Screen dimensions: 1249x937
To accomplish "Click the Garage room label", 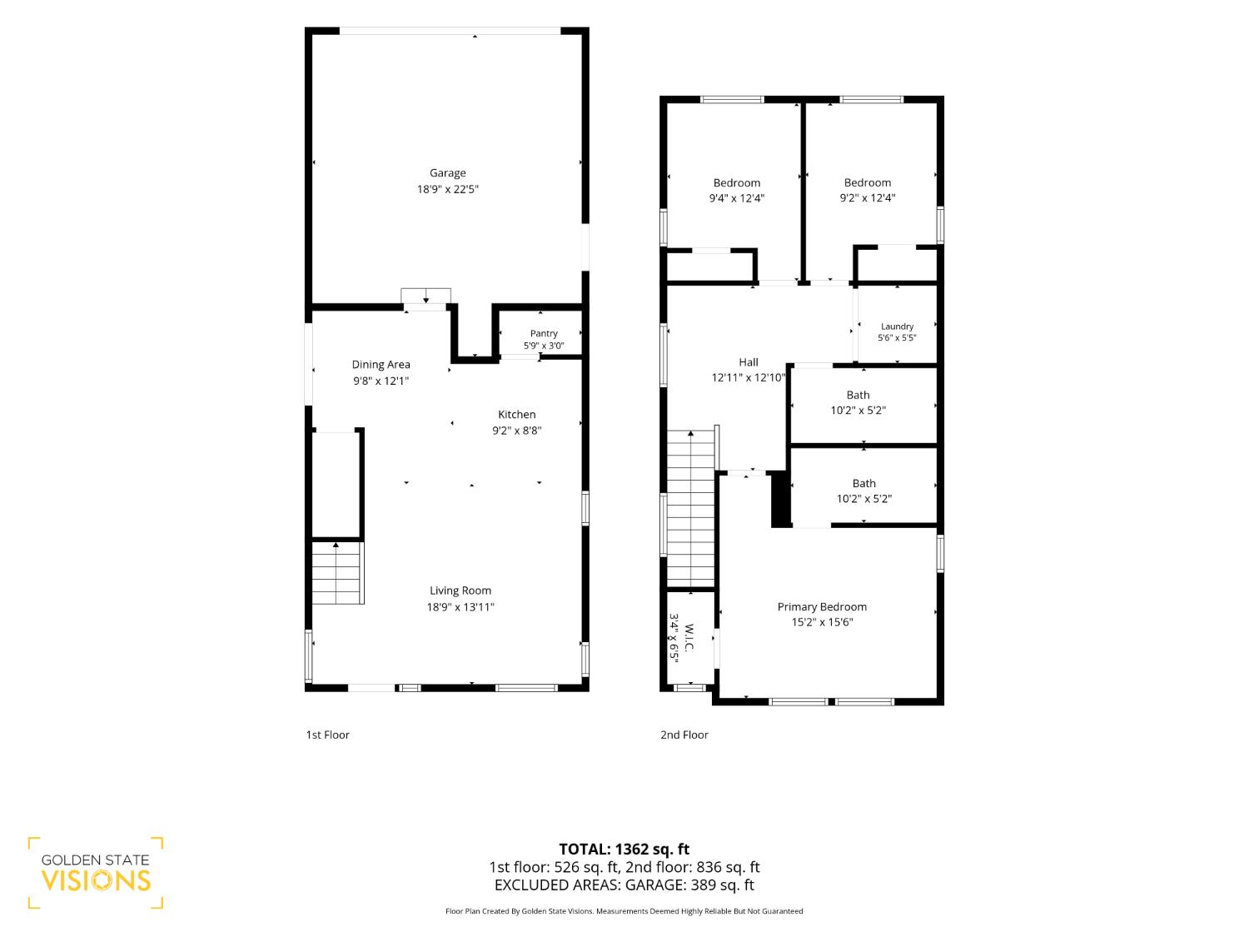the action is point(447,173).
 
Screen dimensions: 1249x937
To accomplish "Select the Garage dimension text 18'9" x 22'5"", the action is point(447,189).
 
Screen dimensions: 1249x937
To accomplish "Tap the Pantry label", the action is point(544,333).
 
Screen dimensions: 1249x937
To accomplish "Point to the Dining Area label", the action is point(381,365).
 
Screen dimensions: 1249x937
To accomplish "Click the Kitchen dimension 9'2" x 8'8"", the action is point(517,431).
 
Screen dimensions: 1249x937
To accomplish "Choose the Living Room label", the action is point(460,591).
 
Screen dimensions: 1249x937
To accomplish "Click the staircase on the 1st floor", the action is point(337,572).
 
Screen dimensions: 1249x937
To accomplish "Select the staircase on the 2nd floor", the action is point(690,509).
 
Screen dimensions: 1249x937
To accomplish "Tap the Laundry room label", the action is point(897,326).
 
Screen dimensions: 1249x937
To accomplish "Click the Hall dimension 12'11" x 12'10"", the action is point(749,378).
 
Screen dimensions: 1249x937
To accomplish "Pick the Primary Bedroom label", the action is point(822,607).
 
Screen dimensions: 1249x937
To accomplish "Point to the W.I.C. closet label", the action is point(689,638).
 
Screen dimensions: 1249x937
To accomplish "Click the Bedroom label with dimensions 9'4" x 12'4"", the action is point(736,182).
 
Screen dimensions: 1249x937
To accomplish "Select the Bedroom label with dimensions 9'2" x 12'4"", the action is point(867,182).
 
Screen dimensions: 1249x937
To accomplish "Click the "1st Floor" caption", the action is point(328,735).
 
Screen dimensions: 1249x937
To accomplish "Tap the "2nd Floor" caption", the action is point(684,735).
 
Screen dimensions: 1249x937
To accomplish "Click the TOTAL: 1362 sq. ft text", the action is point(624,850).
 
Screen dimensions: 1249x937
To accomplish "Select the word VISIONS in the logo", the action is point(96,881).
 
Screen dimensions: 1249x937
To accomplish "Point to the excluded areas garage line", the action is point(624,885).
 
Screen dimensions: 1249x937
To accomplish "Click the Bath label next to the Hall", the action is point(858,395).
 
